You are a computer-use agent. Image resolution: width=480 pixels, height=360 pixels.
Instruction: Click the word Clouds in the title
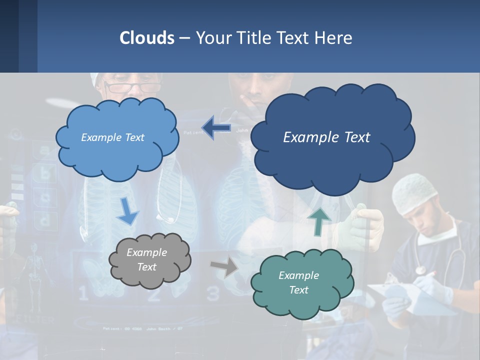[147, 38]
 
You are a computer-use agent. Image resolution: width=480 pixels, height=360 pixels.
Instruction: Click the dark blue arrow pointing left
[216, 128]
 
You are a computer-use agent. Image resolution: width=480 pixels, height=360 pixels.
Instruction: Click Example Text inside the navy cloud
[326, 137]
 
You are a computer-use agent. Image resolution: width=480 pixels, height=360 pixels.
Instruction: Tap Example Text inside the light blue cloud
[112, 137]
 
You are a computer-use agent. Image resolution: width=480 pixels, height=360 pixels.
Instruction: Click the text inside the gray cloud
[146, 259]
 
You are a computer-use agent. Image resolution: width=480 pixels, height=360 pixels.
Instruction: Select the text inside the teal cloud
[298, 282]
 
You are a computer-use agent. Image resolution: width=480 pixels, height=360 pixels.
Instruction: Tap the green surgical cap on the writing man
[414, 192]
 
